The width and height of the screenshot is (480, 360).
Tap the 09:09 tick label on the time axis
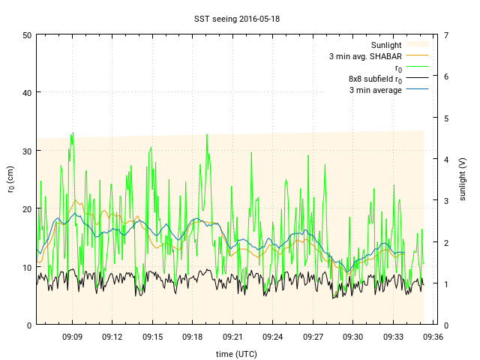72,337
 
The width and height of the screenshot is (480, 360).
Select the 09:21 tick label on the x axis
232,337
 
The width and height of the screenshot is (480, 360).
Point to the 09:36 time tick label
433,337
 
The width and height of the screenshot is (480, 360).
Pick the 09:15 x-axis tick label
152,337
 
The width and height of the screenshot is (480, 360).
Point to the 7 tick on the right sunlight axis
445,35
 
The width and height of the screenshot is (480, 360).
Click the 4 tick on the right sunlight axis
445,159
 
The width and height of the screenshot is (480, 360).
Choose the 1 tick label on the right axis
445,283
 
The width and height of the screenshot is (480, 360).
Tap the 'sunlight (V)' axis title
463,180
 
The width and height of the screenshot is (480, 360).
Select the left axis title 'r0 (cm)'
10,180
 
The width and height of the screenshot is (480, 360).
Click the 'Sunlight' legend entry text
386,45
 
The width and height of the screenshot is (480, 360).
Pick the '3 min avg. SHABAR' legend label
365,56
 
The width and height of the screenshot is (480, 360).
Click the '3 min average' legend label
376,90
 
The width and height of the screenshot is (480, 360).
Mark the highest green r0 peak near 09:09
73,133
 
